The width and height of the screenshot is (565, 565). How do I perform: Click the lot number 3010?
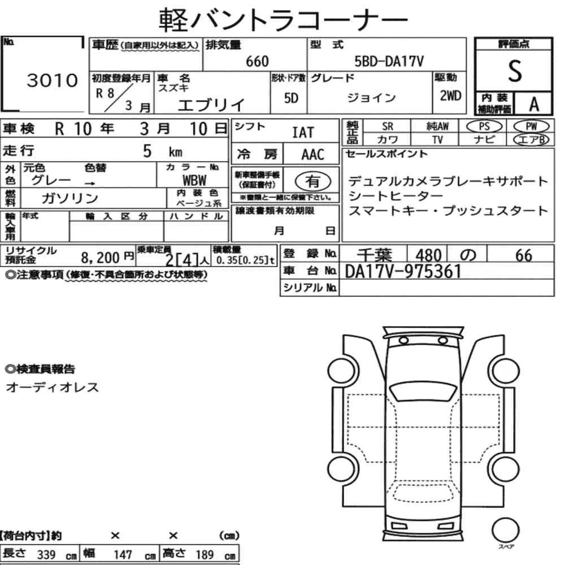52,80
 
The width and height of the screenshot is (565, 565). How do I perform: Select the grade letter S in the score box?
515,71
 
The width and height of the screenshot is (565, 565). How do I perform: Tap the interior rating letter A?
534,104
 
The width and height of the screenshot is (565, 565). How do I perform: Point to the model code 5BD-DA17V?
389,61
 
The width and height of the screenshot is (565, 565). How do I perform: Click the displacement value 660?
257,61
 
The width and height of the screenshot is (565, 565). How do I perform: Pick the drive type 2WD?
450,95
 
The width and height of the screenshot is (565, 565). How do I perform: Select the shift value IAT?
303,133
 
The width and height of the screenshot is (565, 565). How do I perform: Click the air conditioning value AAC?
312,154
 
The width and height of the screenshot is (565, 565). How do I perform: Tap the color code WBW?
194,180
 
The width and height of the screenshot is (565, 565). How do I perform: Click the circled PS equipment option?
484,127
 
